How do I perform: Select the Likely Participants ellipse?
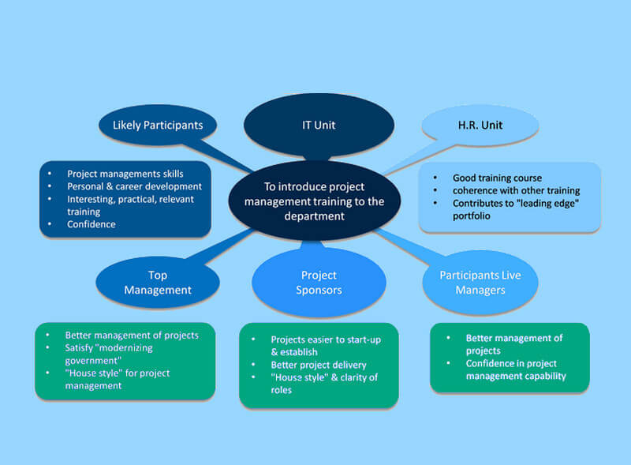[x=158, y=125]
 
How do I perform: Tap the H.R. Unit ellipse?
[x=480, y=125]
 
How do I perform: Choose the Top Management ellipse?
[x=158, y=282]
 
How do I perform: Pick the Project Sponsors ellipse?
[x=319, y=282]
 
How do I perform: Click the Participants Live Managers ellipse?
[x=480, y=282]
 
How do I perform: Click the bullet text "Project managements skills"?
[x=125, y=174]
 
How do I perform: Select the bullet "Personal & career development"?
[x=134, y=186]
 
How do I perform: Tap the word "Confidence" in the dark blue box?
[x=91, y=224]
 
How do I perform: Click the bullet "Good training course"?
[x=497, y=178]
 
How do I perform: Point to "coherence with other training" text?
[x=516, y=190]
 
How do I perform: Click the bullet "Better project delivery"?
[x=319, y=365]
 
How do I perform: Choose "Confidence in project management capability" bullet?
[x=515, y=369]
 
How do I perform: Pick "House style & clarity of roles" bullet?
[x=323, y=384]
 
